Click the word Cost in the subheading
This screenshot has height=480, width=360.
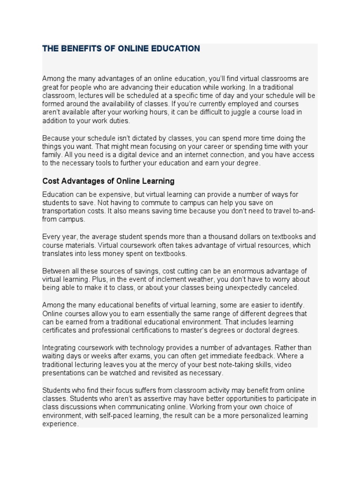pos(51,181)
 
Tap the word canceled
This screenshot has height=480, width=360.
pos(283,288)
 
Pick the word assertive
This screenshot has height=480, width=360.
pos(154,399)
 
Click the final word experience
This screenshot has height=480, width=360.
pos(60,424)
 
